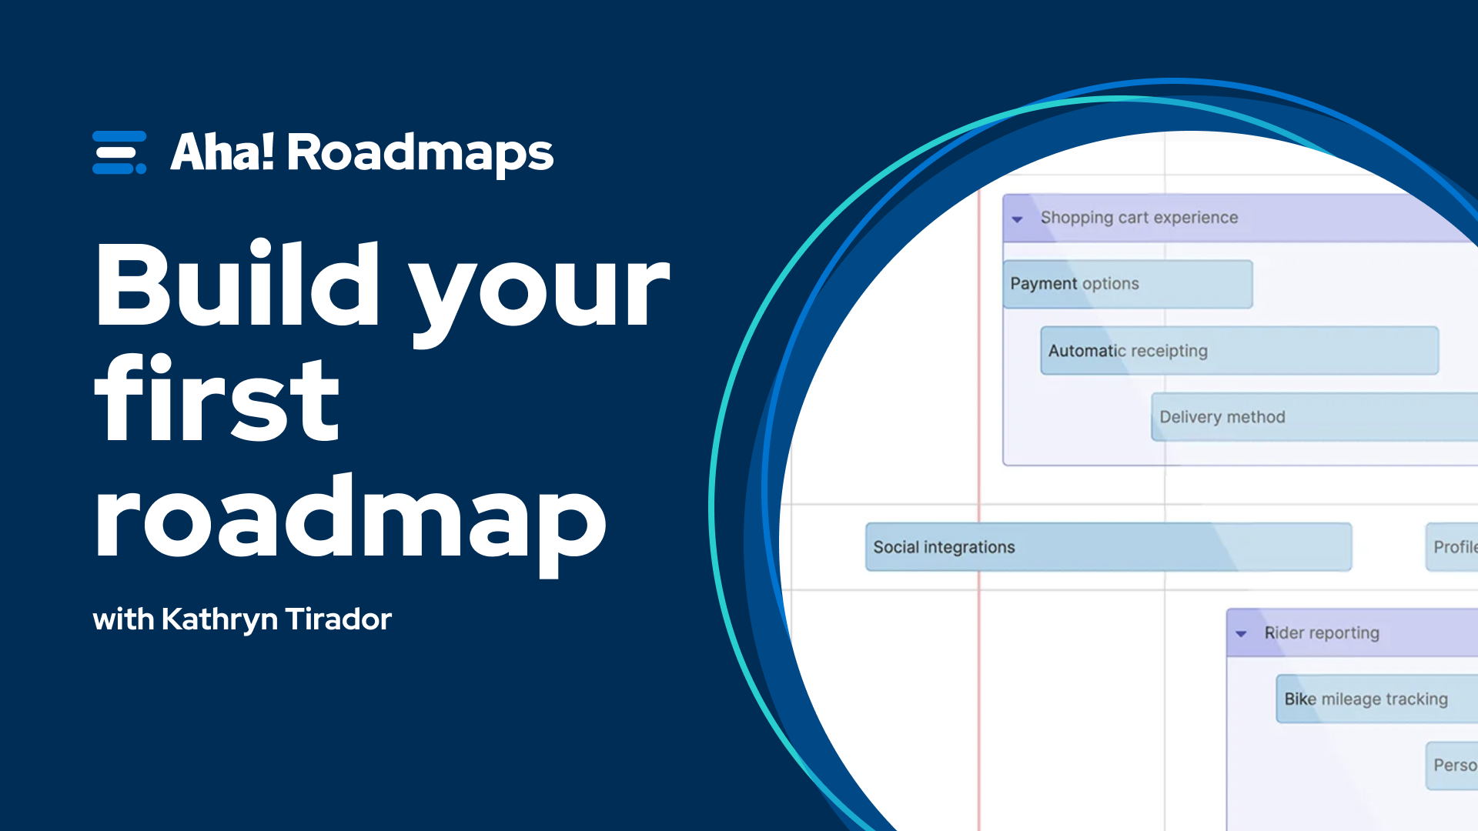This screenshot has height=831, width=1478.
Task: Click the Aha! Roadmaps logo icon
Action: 119,152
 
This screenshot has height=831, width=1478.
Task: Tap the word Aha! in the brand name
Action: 222,152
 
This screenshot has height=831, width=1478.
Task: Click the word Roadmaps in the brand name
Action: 420,153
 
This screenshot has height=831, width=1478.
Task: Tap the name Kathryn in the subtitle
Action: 219,619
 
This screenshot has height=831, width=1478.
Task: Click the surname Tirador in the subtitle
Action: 338,619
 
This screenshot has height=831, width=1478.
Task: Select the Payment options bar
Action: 1127,284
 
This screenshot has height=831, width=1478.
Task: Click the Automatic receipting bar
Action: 1239,351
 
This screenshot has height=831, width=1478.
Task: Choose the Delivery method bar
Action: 1309,417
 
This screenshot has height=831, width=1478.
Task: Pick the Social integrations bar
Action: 1108,547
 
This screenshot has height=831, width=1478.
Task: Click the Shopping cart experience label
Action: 1139,218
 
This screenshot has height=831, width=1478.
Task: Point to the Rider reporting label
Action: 1322,633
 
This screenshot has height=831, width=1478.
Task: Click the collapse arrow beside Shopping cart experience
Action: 1018,219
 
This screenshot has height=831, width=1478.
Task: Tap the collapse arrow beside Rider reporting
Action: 1241,634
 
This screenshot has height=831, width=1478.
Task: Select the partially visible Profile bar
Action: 1453,547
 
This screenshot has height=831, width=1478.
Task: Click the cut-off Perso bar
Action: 1453,766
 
